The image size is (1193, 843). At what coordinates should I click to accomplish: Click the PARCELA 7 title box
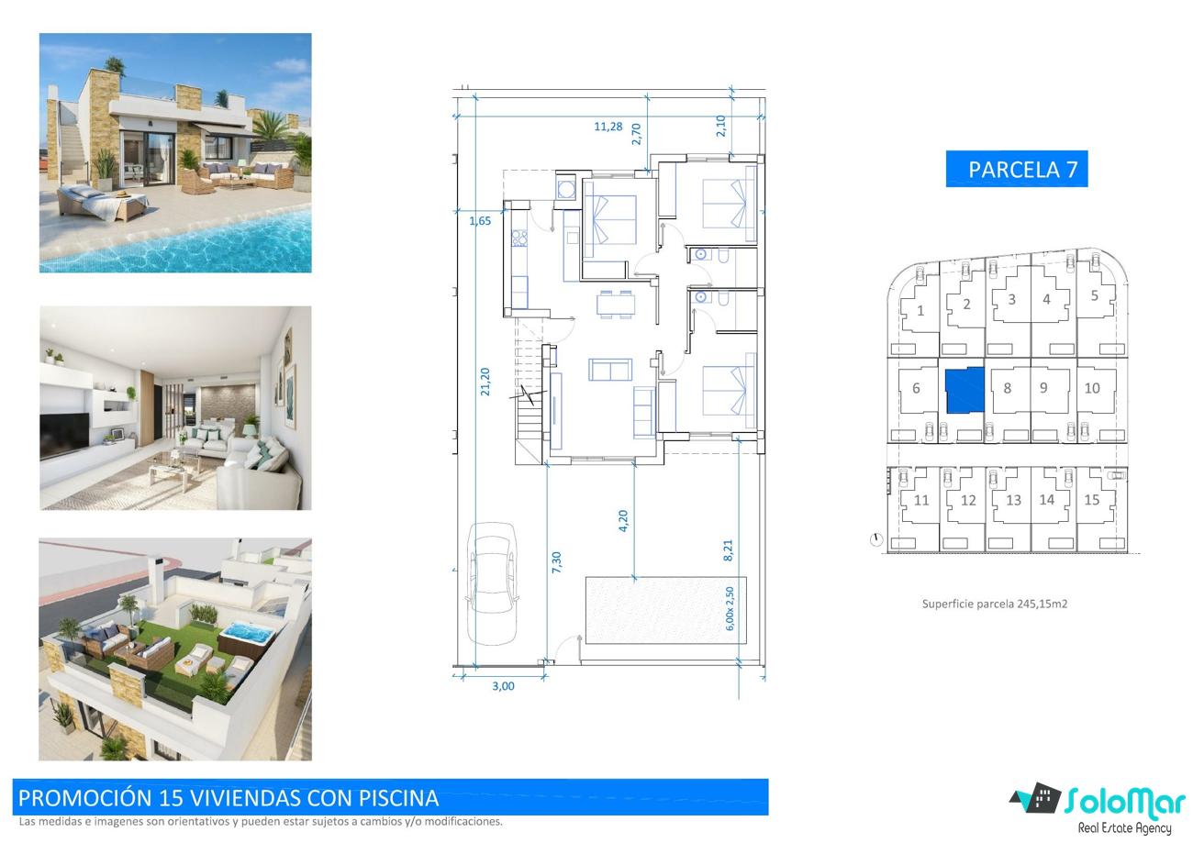click(x=1016, y=169)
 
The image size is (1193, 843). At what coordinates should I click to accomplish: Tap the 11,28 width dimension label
click(x=608, y=127)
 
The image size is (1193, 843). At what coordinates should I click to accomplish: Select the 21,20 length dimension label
click(x=485, y=382)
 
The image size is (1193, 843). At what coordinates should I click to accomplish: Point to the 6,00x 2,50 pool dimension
click(x=730, y=609)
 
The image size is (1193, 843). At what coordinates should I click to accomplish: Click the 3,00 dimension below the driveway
click(x=503, y=686)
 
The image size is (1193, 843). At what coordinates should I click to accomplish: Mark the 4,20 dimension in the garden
click(x=623, y=520)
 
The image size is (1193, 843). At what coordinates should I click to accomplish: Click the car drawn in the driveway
click(x=492, y=583)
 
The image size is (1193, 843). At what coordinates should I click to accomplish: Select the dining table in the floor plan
click(x=616, y=305)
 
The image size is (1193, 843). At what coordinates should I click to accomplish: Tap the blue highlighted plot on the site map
click(x=964, y=389)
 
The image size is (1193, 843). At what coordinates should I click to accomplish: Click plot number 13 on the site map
click(x=1013, y=500)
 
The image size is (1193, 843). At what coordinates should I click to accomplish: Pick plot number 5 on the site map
click(x=1095, y=296)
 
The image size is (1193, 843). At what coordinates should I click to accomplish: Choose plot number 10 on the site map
click(x=1092, y=388)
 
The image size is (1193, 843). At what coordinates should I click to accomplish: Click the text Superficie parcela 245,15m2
click(x=995, y=604)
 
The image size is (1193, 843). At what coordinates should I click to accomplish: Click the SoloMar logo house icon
click(x=1035, y=799)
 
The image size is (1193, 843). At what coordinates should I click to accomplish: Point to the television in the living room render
click(x=64, y=436)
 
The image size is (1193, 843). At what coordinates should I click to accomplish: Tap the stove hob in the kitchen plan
click(x=519, y=238)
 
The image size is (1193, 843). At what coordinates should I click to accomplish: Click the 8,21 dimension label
click(x=728, y=550)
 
